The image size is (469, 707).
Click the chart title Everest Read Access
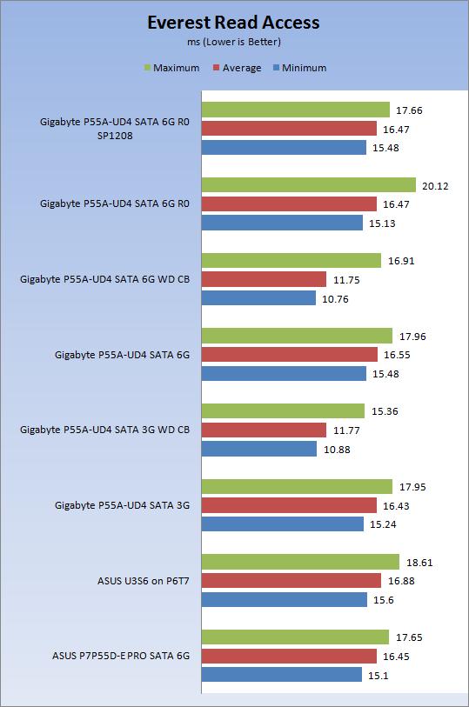233,23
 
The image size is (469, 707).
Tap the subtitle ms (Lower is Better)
233,41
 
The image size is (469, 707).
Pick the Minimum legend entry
298,68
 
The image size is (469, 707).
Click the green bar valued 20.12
309,185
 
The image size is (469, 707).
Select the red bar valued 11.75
265,279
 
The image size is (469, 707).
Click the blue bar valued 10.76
259,298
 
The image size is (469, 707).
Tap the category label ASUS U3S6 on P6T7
145,580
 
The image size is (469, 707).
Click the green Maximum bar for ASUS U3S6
301,562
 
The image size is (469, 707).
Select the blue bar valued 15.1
282,675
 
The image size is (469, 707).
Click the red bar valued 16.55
290,355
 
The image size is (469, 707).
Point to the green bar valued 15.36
284,410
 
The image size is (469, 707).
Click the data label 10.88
338,449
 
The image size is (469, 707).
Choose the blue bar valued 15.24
283,524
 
